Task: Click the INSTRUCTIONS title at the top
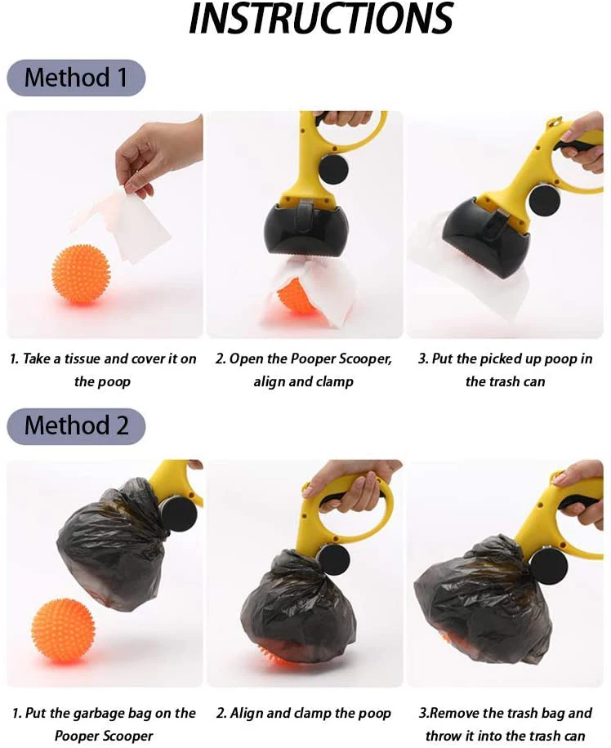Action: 321,18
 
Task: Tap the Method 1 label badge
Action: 76,78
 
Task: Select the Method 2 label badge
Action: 76,425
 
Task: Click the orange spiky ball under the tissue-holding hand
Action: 81,274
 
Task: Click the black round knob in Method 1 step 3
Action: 545,199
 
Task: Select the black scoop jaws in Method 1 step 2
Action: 305,231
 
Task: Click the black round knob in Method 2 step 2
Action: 333,561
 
